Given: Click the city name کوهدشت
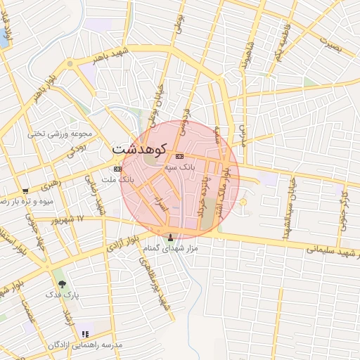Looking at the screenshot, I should (139, 149).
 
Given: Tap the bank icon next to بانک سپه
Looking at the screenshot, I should (180, 155).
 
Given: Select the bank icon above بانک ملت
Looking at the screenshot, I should (117, 169).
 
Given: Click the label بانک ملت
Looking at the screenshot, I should (117, 180).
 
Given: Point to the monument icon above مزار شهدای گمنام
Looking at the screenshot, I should (169, 237).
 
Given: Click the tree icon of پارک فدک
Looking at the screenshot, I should (63, 285).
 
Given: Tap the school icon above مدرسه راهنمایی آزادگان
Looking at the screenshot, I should (85, 334).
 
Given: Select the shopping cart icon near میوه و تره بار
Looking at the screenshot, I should (25, 191).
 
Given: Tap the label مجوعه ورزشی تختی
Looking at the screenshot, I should (60, 133).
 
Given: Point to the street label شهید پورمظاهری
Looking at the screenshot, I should (153, 283).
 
